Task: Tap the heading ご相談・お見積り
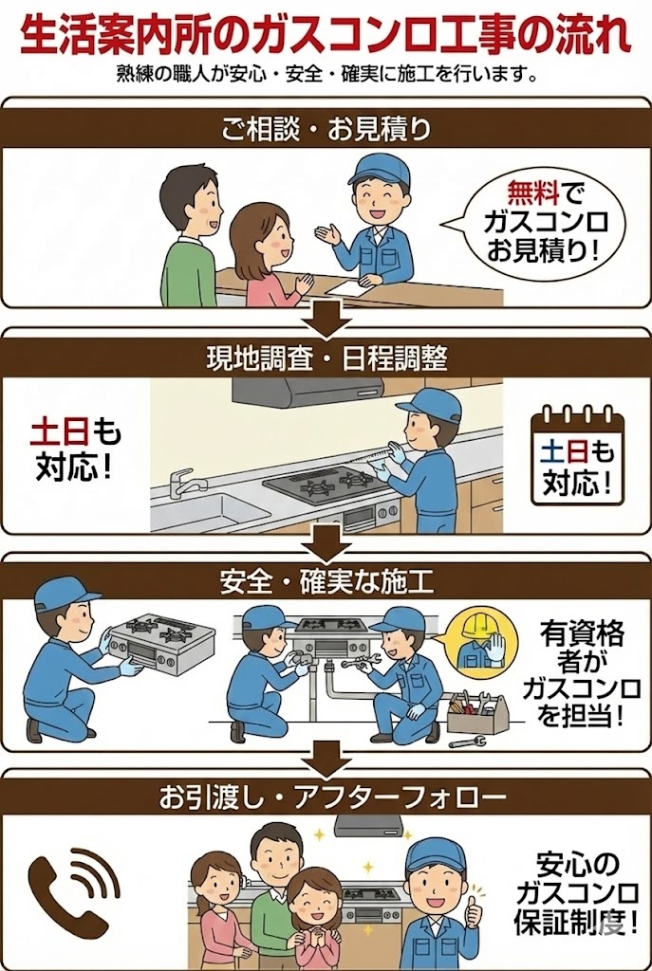(x=326, y=130)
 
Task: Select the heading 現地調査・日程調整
(x=326, y=358)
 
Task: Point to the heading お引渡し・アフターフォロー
(x=326, y=798)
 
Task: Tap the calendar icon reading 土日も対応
(x=577, y=456)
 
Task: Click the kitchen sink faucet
(x=180, y=483)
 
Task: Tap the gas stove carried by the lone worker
(x=161, y=642)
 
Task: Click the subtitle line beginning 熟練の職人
(x=326, y=74)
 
